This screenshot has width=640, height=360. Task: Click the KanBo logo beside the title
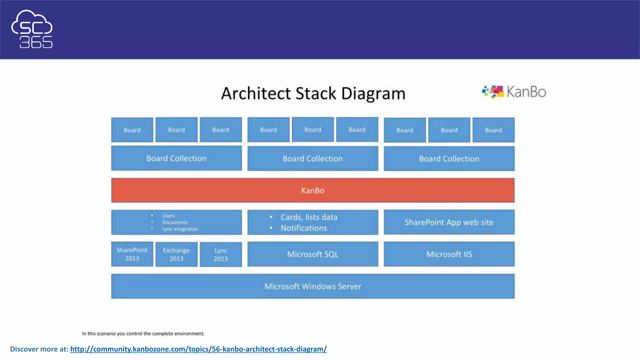[x=514, y=92]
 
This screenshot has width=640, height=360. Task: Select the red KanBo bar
[x=312, y=190]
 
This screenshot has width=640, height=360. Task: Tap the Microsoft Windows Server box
[x=312, y=286]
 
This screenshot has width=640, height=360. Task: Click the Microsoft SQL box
[x=312, y=254]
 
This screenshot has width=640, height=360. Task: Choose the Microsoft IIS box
[x=449, y=254]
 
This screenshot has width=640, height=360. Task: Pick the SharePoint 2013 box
[x=132, y=254]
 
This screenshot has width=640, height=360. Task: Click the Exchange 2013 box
[x=176, y=254]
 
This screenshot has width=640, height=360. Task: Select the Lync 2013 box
[x=221, y=254]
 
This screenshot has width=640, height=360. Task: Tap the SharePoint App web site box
[x=449, y=222]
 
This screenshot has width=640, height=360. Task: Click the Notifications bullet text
[x=304, y=228]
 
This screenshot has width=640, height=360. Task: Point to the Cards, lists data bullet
[x=309, y=217]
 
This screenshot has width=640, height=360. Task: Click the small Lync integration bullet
[x=180, y=229]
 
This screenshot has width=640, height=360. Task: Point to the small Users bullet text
[x=168, y=216]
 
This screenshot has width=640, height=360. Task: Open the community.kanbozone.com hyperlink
[x=198, y=349]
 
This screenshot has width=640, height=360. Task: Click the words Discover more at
[x=39, y=349]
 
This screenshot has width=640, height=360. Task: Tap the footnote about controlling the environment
[x=143, y=333]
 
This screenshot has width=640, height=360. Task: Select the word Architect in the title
[x=256, y=93]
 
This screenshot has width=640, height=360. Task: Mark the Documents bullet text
[x=175, y=222]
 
